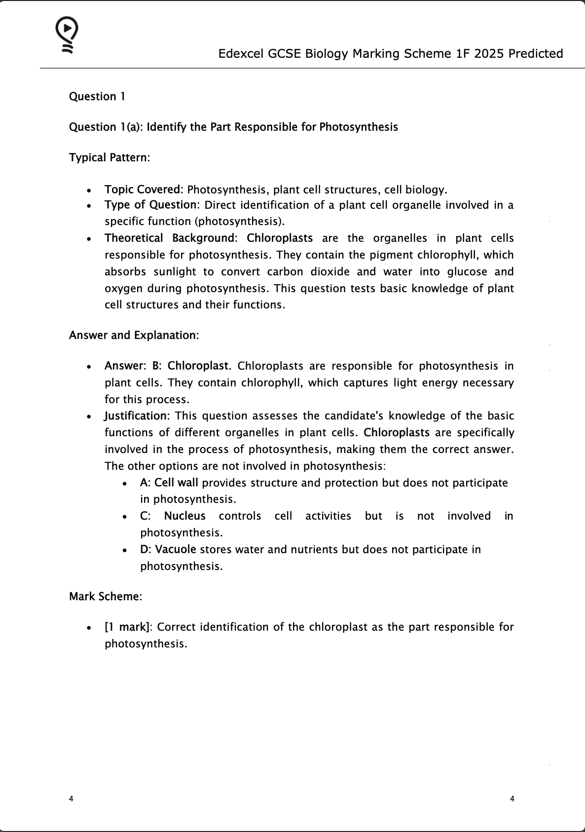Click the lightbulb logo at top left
[x=67, y=35]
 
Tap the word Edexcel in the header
[x=241, y=53]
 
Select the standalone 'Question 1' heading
[x=97, y=96]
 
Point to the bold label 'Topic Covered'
[x=143, y=189]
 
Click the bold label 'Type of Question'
[x=150, y=205]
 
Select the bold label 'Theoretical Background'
[x=169, y=238]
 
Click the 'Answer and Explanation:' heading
[x=134, y=335]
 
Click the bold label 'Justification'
[x=136, y=416]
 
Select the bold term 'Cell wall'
[x=176, y=483]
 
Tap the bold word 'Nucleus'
[x=184, y=516]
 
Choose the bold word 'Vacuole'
[x=176, y=549]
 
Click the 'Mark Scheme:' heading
[x=106, y=596]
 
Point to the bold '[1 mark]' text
[x=127, y=627]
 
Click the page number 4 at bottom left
[x=72, y=798]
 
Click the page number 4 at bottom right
[x=512, y=798]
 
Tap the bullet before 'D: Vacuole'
[x=127, y=550]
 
